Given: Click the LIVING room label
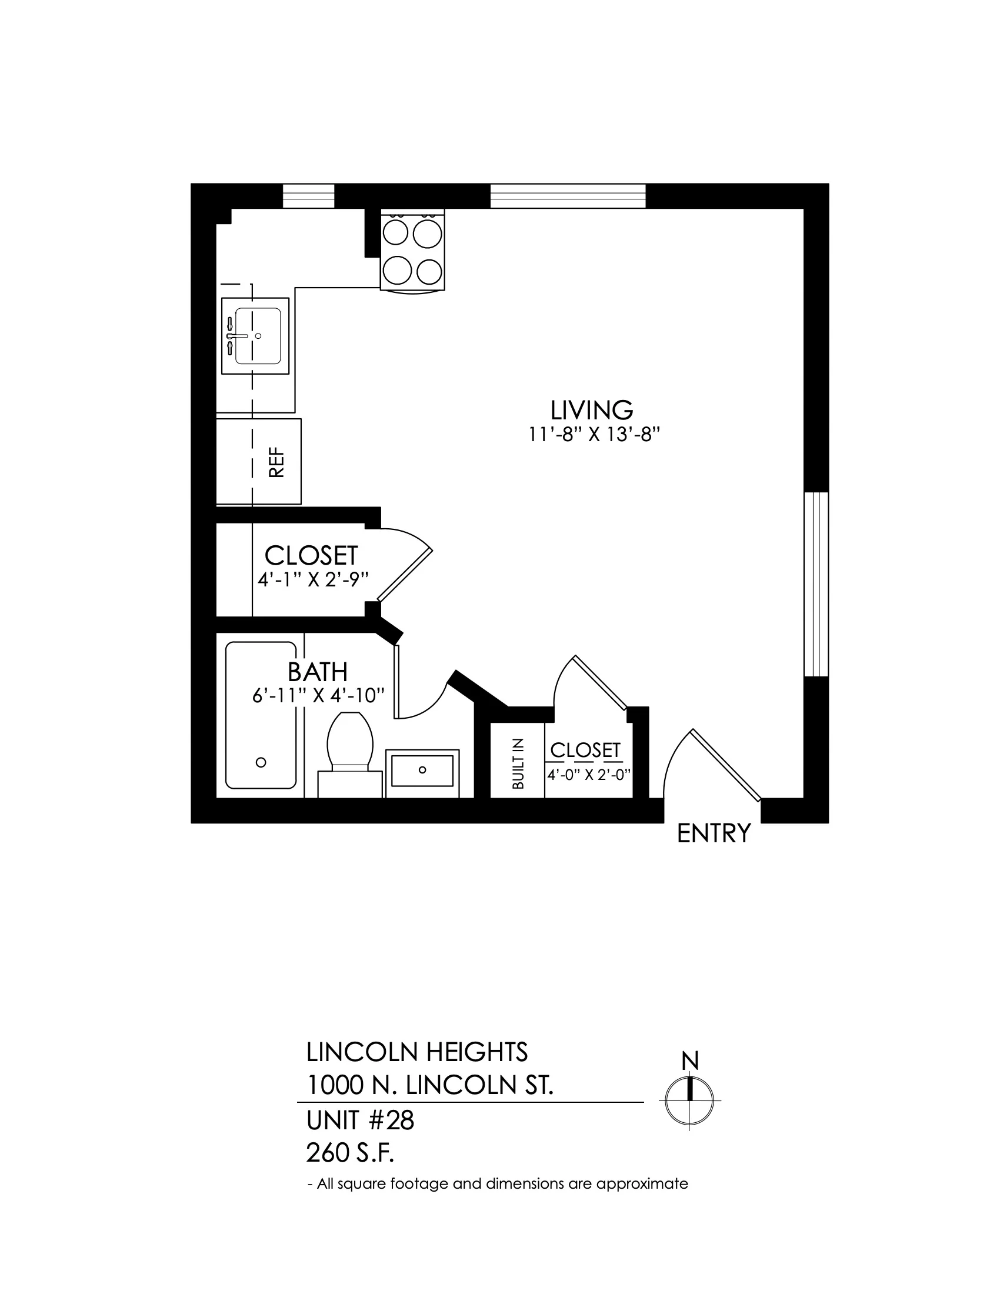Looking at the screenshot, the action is pyautogui.click(x=592, y=410).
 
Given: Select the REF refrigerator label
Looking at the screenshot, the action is pyautogui.click(x=276, y=462).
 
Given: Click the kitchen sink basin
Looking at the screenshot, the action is pyautogui.click(x=258, y=336).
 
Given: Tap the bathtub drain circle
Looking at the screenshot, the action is pyautogui.click(x=261, y=762).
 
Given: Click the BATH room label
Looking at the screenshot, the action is pyautogui.click(x=318, y=672).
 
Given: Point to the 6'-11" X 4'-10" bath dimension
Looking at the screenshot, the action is pyautogui.click(x=319, y=696).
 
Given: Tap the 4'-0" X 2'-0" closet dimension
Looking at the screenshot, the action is pyautogui.click(x=587, y=775).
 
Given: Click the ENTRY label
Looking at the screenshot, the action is pyautogui.click(x=714, y=833).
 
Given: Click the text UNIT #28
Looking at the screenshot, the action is pyautogui.click(x=360, y=1120).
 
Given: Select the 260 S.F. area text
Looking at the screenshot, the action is pyautogui.click(x=350, y=1153).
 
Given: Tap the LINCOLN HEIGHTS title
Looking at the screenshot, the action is pyautogui.click(x=417, y=1052).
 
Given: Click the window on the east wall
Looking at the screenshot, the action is pyautogui.click(x=816, y=583).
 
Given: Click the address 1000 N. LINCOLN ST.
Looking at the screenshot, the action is pyautogui.click(x=430, y=1085).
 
